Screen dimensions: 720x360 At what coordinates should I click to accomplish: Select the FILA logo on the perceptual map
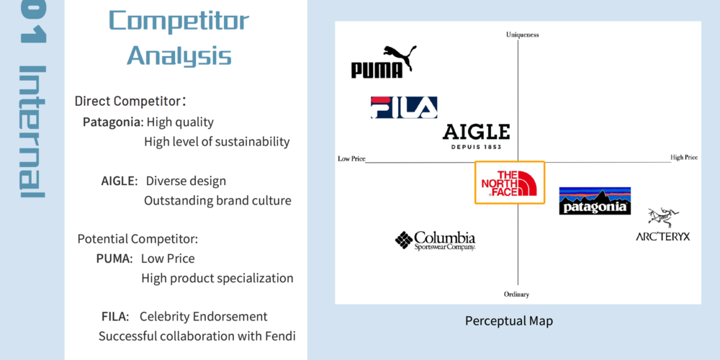click(x=404, y=107)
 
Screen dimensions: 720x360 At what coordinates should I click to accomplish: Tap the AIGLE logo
click(x=476, y=136)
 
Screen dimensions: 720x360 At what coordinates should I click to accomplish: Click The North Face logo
click(x=510, y=183)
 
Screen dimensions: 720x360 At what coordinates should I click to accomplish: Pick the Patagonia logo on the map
click(x=595, y=201)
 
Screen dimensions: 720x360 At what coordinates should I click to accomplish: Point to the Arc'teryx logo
click(x=662, y=225)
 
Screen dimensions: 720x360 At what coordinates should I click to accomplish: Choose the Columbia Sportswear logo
click(x=436, y=240)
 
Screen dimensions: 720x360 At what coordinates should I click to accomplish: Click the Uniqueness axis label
click(x=523, y=35)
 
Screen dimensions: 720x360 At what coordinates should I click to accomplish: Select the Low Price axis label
click(x=352, y=159)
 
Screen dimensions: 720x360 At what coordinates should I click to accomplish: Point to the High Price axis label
click(x=684, y=158)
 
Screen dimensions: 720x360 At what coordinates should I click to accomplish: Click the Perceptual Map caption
click(x=509, y=320)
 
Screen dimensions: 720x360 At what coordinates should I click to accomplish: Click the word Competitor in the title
click(x=179, y=21)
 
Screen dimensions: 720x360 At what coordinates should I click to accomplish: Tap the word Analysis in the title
click(x=179, y=55)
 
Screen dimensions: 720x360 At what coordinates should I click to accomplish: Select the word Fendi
click(x=280, y=336)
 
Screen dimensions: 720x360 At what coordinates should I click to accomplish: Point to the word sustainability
click(x=246, y=142)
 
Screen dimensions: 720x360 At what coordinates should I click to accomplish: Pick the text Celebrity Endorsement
click(x=204, y=316)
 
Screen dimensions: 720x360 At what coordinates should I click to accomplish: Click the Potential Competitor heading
click(x=138, y=239)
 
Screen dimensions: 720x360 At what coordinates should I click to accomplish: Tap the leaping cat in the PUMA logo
click(x=400, y=56)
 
